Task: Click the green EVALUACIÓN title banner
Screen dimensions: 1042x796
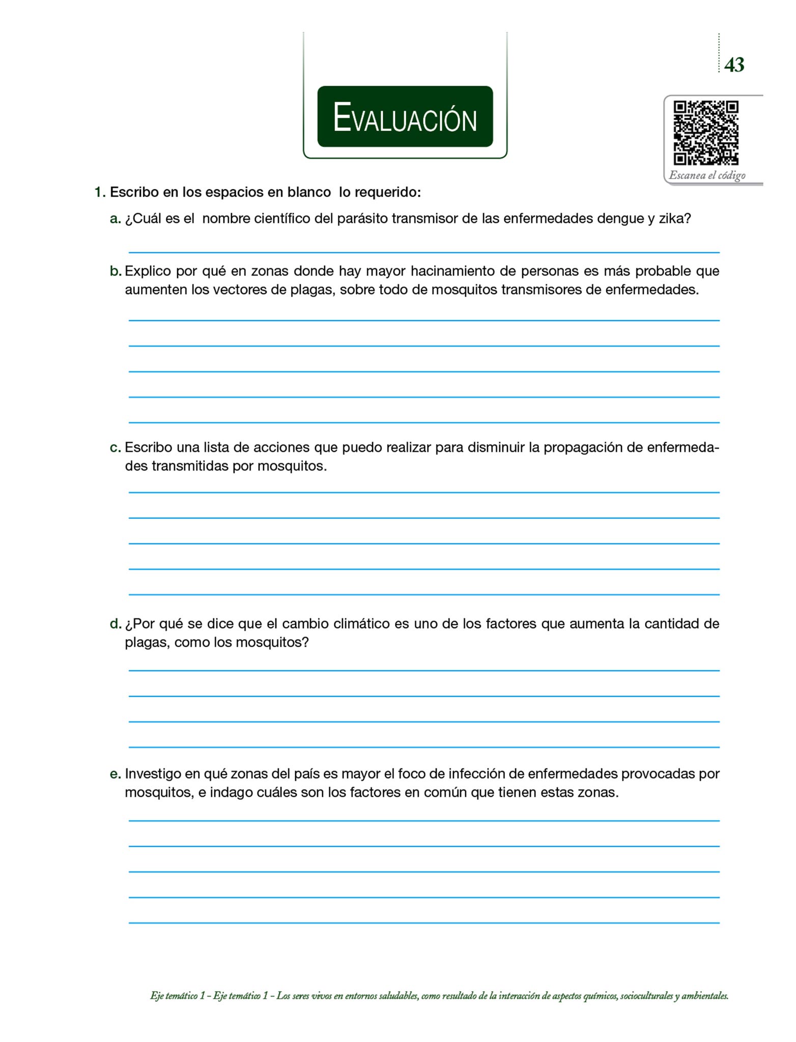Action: click(405, 117)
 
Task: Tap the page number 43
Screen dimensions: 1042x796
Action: click(734, 65)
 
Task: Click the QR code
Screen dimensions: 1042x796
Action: click(705, 132)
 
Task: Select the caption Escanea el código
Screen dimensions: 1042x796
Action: click(707, 175)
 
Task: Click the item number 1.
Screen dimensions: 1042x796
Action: click(100, 192)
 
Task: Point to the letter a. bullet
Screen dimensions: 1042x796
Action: click(115, 219)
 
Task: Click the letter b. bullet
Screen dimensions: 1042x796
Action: click(116, 271)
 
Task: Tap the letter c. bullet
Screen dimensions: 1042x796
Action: click(115, 448)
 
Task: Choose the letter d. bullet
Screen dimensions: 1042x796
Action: click(116, 624)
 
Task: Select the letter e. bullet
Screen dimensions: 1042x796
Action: click(116, 774)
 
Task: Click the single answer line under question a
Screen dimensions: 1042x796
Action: click(423, 251)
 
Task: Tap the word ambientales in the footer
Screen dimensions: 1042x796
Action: click(704, 996)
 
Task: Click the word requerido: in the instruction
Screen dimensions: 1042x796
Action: click(387, 193)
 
